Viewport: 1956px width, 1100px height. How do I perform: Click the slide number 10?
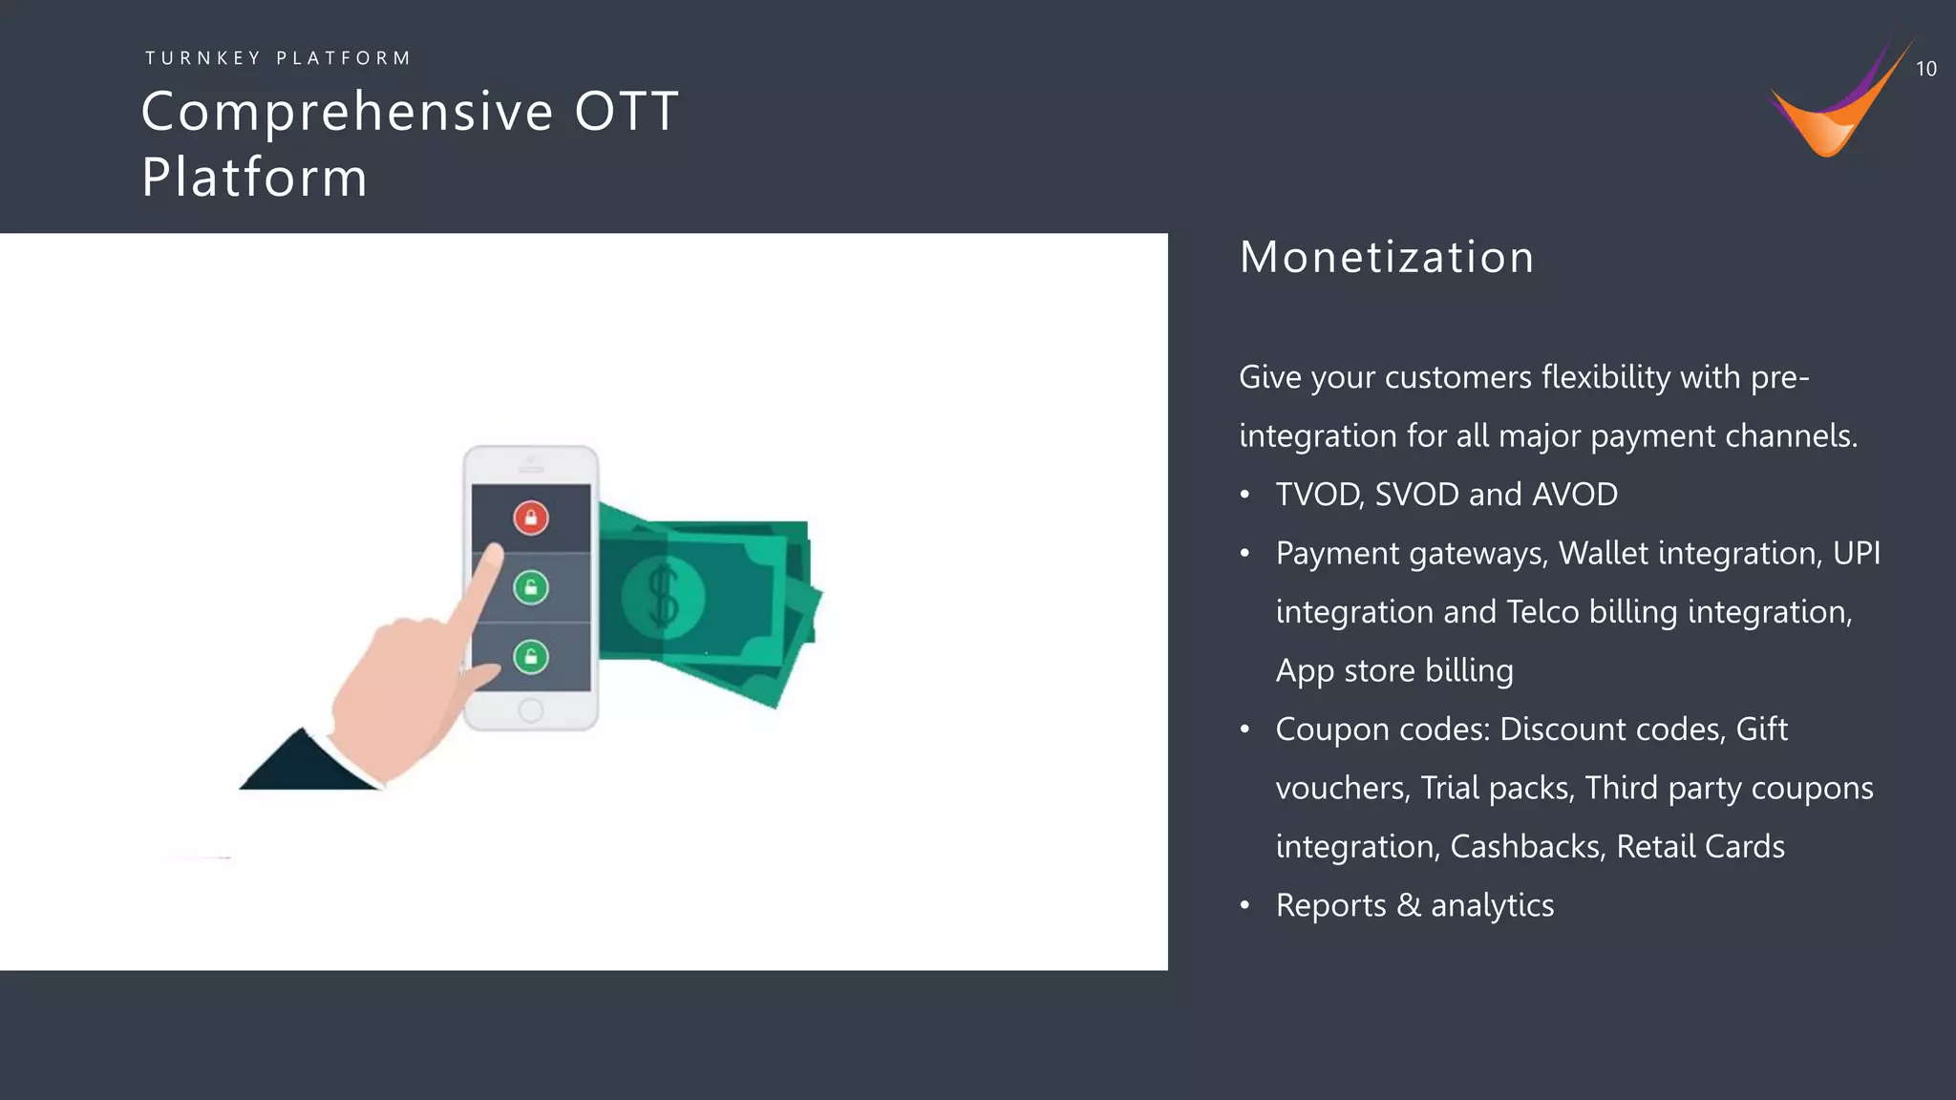pos(1925,69)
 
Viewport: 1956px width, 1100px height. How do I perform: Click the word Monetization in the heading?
pos(1387,258)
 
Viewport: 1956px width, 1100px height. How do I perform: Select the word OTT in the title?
pos(627,111)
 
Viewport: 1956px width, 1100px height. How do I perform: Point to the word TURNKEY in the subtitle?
pos(202,58)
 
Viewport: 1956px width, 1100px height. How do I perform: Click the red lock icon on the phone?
pos(531,518)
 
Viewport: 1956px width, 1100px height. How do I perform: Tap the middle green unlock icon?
pos(531,587)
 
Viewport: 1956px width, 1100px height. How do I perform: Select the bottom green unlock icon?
pos(531,657)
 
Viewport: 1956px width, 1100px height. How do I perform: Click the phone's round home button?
pos(531,710)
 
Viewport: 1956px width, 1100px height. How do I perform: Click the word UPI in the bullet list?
pos(1856,554)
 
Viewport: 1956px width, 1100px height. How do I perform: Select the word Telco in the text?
pos(1542,612)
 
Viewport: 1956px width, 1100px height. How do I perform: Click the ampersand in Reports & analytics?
pos(1408,905)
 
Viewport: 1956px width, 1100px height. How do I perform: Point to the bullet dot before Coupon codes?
pos(1244,730)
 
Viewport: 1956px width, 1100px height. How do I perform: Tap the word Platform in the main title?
pos(255,178)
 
